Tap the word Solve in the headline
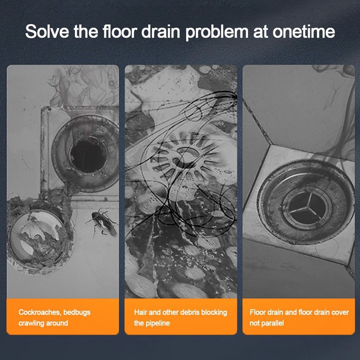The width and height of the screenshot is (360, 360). (47, 31)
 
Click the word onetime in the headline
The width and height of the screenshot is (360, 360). (303, 31)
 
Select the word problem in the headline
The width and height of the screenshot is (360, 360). (217, 32)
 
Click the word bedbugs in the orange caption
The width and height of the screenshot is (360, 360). (77, 313)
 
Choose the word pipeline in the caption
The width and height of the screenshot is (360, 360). (158, 324)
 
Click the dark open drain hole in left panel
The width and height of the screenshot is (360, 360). (88, 155)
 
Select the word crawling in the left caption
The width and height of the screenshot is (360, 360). (28, 324)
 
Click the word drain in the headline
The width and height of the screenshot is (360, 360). (161, 31)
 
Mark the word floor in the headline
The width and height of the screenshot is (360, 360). (120, 31)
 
